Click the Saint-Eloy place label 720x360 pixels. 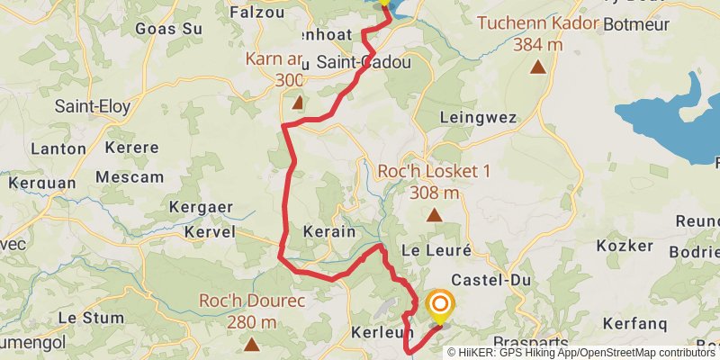click(93, 106)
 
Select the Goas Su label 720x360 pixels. click(168, 28)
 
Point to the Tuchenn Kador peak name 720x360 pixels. click(538, 22)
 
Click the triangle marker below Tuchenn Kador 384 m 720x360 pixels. click(538, 67)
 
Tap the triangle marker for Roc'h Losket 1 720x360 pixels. click(435, 214)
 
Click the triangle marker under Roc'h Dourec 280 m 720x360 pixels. click(251, 344)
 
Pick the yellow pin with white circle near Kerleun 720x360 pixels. click(440, 307)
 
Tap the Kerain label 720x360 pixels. click(329, 231)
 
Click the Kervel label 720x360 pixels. click(209, 232)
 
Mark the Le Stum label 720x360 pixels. click(91, 318)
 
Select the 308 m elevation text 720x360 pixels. click(434, 192)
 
